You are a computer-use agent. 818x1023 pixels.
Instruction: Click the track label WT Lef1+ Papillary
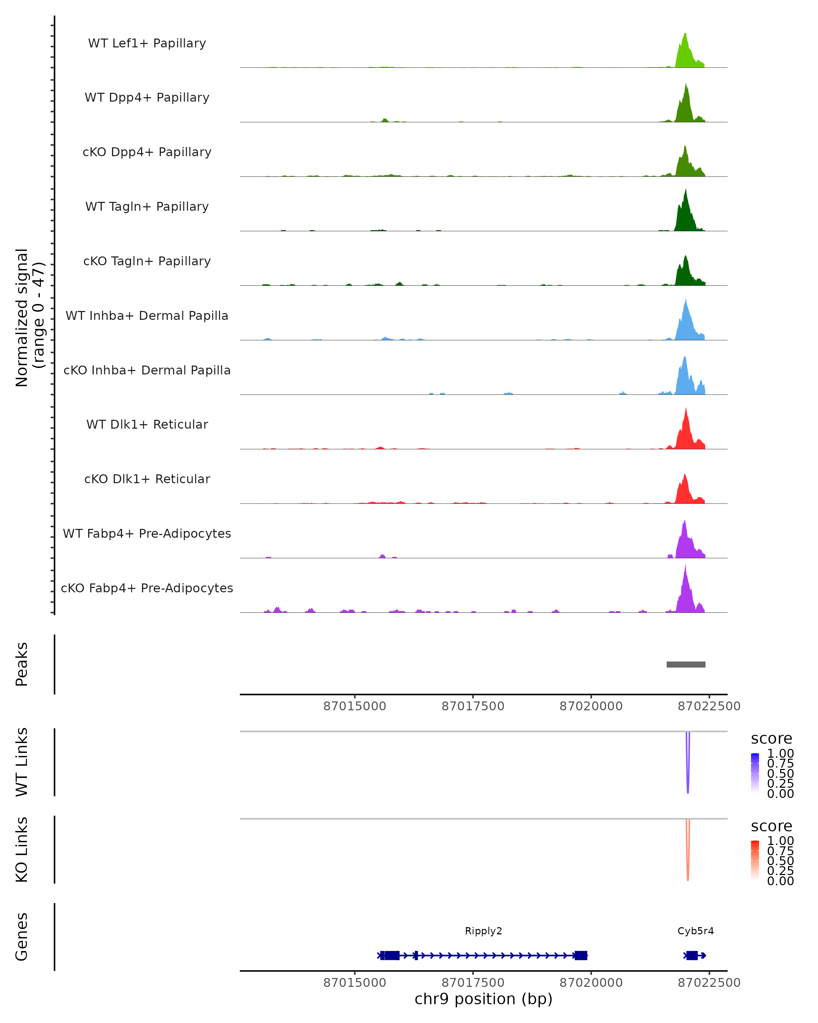click(x=147, y=43)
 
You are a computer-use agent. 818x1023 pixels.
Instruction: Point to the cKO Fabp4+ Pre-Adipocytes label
click(x=147, y=588)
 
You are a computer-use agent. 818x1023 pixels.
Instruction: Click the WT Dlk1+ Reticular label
click(x=147, y=425)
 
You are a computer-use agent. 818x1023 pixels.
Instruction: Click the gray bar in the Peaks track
click(x=686, y=664)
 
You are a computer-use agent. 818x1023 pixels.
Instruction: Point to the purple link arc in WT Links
click(x=687, y=769)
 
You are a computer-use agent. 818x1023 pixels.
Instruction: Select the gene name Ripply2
click(x=483, y=931)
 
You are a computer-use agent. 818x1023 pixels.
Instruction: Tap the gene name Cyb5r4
click(x=695, y=931)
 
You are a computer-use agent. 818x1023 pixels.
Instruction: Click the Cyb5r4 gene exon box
click(x=692, y=955)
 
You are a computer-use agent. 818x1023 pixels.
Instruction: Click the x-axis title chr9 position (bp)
click(x=483, y=999)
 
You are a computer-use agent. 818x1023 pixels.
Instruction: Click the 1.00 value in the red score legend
click(x=780, y=841)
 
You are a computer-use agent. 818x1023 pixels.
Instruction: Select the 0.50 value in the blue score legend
click(x=780, y=773)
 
